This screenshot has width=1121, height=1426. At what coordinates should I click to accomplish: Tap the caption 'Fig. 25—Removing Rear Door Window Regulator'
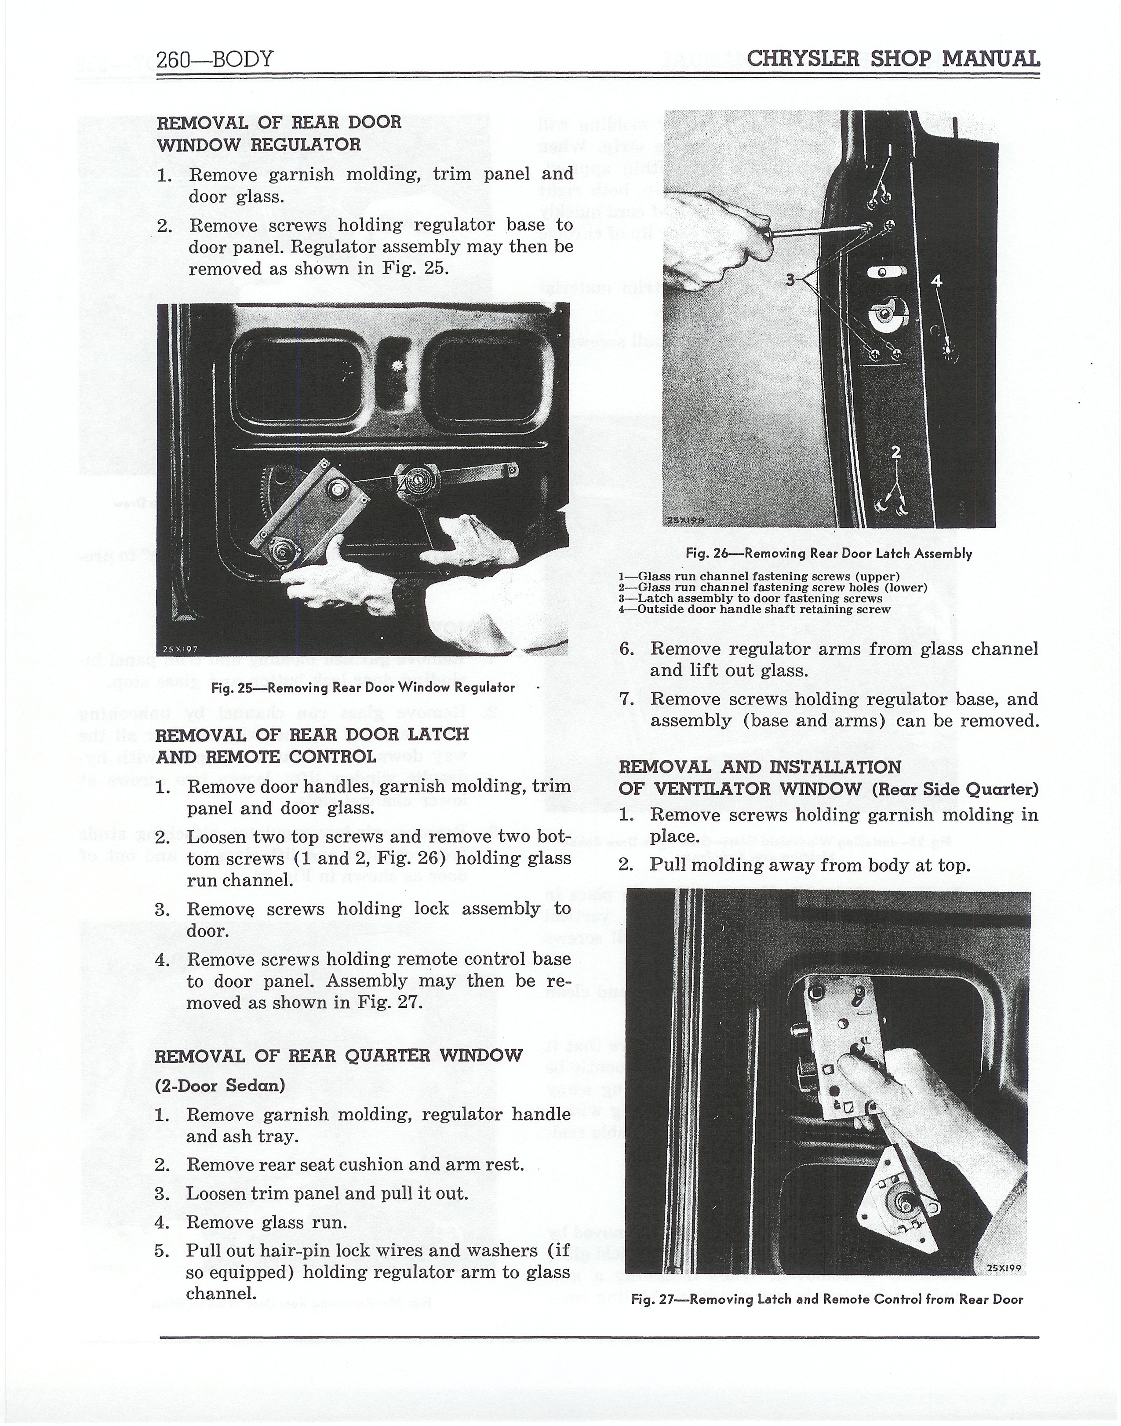pyautogui.click(x=363, y=687)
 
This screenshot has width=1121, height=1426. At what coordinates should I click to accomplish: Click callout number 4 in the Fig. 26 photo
pyautogui.click(x=936, y=281)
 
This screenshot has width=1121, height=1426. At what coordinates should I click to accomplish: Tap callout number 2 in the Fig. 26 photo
pyautogui.click(x=896, y=452)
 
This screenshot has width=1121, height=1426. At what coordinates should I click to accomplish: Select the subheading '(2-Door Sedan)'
pyautogui.click(x=220, y=1085)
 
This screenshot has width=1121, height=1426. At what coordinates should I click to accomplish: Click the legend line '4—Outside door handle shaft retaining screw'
pyautogui.click(x=755, y=609)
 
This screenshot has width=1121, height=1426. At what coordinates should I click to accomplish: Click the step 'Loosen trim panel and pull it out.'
pyautogui.click(x=328, y=1193)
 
